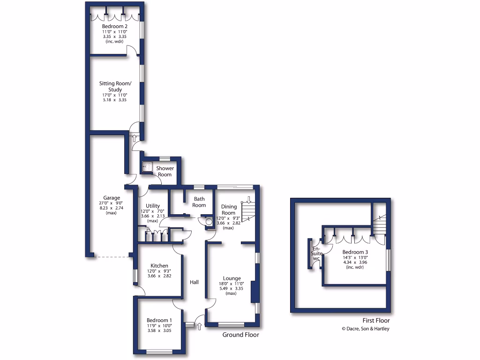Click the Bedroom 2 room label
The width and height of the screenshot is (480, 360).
[x=115, y=26]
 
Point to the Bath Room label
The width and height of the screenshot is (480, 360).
[x=199, y=202]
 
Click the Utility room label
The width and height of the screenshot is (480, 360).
[x=153, y=206]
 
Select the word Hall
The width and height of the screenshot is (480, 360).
[x=194, y=282]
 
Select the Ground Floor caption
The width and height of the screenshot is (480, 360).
[x=240, y=335]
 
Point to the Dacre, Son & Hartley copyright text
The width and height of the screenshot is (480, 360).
[x=365, y=329]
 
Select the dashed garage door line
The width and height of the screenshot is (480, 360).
[x=112, y=257]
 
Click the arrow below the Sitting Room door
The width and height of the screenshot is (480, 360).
[x=135, y=138]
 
